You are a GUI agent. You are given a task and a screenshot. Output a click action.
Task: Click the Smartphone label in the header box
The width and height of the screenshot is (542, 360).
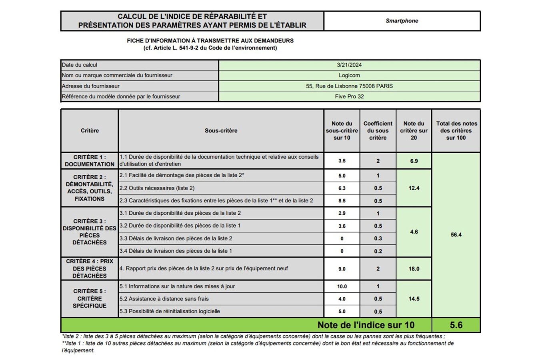coord(402,21)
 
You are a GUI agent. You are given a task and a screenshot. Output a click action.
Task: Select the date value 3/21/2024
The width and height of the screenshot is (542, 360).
coord(349,65)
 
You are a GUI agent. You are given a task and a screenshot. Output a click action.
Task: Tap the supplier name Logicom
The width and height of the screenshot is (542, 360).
coord(349,75)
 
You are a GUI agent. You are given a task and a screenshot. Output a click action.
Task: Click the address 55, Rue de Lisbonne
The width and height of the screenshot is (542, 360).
coord(349,86)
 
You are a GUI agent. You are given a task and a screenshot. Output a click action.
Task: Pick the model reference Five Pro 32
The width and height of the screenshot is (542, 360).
coord(349,96)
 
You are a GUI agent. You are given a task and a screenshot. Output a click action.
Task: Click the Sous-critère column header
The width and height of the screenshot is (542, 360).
coord(221,130)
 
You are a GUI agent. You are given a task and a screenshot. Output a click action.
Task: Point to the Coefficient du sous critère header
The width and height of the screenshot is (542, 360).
coord(378,130)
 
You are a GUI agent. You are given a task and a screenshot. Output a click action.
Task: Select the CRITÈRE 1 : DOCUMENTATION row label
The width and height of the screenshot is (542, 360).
coord(89,160)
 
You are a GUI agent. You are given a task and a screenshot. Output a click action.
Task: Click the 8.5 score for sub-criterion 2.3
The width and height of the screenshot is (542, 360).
coord(342,201)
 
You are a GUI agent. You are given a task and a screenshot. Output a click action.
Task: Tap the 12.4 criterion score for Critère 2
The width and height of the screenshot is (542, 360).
coord(414,188)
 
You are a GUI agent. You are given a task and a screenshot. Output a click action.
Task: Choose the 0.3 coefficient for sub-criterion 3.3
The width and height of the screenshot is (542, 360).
coord(378,238)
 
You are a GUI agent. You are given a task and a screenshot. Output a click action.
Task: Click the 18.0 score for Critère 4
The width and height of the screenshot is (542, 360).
coord(414,269)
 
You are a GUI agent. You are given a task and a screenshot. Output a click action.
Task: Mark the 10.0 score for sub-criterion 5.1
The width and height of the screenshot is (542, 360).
coord(342,286)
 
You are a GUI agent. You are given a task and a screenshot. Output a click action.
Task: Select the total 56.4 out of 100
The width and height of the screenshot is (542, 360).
coord(456,235)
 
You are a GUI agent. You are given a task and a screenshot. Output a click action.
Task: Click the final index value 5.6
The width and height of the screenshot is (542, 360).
coord(456,325)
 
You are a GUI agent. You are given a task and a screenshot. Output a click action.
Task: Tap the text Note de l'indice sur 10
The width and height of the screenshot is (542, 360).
coord(366,325)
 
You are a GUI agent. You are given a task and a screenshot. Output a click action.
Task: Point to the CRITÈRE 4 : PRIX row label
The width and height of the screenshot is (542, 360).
coord(89,268)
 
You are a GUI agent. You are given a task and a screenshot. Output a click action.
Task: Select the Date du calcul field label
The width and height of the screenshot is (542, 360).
coord(79,65)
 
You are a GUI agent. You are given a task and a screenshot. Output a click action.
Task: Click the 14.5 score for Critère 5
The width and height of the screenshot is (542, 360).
coord(414,299)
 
